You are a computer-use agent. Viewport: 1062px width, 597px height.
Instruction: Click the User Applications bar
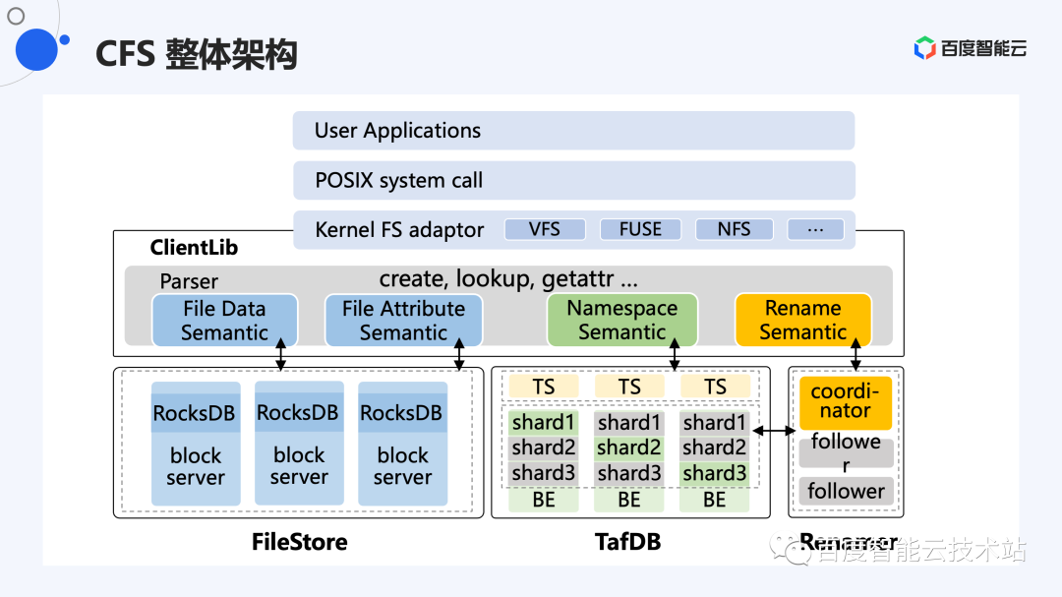pos(573,131)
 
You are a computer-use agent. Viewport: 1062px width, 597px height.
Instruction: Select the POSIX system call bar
pos(573,181)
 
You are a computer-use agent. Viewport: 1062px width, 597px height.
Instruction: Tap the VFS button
pos(545,229)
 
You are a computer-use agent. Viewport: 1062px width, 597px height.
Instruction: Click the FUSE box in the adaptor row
pos(640,229)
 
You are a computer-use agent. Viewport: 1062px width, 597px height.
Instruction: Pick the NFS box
pos(734,229)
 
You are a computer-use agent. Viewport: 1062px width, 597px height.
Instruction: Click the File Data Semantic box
pos(224,321)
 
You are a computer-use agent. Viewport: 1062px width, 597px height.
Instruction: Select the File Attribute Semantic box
pos(403,321)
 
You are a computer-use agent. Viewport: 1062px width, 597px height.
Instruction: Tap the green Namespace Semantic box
pos(621,321)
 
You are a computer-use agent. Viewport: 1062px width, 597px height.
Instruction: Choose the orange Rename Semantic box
pos(802,321)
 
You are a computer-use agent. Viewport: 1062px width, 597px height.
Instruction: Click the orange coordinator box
pos(845,402)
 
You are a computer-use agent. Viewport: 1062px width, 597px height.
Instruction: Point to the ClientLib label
pos(194,248)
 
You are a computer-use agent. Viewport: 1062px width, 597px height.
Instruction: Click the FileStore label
pos(299,542)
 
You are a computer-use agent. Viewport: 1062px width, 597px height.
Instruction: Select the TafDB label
pos(627,542)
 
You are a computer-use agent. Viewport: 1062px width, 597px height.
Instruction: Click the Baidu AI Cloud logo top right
pos(971,48)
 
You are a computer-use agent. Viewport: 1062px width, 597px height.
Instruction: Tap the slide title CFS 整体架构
pos(196,54)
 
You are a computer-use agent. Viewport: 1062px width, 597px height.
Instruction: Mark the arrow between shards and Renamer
pos(773,431)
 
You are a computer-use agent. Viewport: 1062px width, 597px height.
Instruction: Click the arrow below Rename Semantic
pos(855,355)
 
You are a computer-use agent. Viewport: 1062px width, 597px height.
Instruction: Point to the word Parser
pos(189,281)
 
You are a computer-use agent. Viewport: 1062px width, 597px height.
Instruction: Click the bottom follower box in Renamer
pos(846,491)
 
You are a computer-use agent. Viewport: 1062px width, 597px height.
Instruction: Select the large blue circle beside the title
pos(36,49)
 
